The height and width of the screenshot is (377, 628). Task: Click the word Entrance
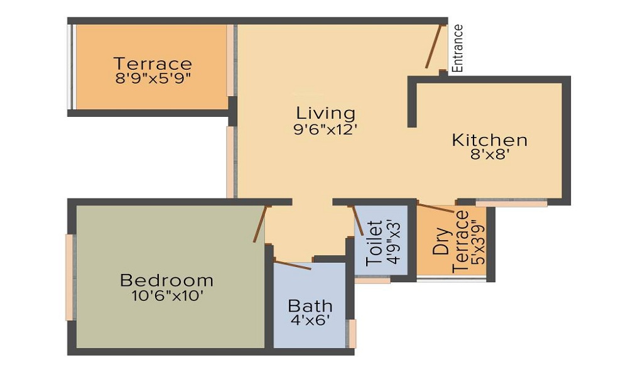(457, 48)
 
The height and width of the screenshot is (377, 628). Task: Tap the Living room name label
(325, 113)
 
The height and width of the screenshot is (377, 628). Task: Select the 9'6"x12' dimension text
(325, 129)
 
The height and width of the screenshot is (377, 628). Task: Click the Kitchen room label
(489, 140)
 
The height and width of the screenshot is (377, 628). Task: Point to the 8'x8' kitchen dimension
(489, 155)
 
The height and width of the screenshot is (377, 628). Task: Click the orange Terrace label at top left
(153, 63)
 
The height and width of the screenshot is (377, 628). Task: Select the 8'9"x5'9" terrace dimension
(153, 78)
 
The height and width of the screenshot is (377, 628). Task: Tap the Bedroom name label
(166, 280)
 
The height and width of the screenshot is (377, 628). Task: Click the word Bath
(310, 306)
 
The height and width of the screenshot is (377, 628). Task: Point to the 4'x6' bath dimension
(310, 320)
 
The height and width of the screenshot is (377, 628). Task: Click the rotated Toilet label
(374, 243)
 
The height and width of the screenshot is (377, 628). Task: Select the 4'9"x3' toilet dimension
(394, 243)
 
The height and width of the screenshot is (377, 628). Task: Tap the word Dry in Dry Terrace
(441, 241)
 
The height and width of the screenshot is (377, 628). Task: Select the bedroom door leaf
(260, 224)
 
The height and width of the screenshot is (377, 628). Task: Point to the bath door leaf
(292, 265)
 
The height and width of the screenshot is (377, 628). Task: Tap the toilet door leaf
(357, 221)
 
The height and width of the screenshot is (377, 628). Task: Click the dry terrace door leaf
(436, 208)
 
